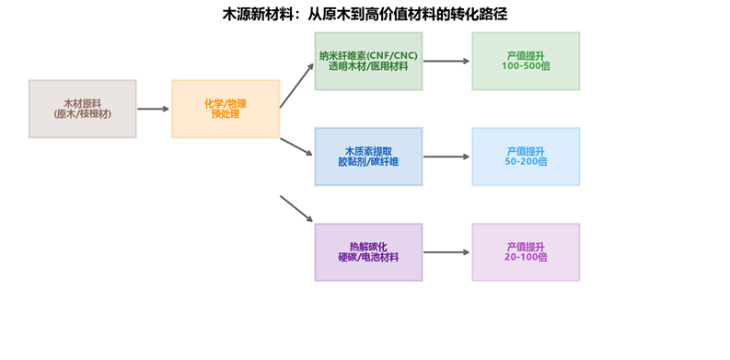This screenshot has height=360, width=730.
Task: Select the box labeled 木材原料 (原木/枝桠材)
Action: coord(83,109)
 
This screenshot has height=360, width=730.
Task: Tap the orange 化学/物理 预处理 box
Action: coord(226,109)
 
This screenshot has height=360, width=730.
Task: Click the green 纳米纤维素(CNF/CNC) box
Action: coord(368,61)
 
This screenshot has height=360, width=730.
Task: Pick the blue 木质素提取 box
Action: coord(368,157)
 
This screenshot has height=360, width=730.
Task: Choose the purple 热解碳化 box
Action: coord(368,252)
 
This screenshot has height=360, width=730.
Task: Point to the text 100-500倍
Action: coord(526,66)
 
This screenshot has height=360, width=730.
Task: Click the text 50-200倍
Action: coord(526,162)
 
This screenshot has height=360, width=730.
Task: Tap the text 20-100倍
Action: coord(526,257)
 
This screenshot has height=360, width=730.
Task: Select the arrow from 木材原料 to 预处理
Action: coord(153,109)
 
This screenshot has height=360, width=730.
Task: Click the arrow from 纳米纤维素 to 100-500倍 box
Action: coord(446,61)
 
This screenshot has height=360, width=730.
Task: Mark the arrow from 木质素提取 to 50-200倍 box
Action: coord(446,157)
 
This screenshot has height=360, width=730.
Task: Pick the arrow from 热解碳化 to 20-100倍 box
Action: coord(446,252)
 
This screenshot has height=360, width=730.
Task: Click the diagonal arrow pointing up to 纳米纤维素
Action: coord(296,86)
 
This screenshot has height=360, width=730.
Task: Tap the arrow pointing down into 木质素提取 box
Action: coord(296,146)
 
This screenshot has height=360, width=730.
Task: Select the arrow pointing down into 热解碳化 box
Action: coord(296,209)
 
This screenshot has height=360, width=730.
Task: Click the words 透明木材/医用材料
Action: coord(368,66)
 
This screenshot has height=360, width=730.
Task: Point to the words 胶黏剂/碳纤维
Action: coord(368,162)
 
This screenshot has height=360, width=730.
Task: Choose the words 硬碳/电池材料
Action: coord(368,257)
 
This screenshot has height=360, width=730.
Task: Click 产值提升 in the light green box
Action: coord(526,56)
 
